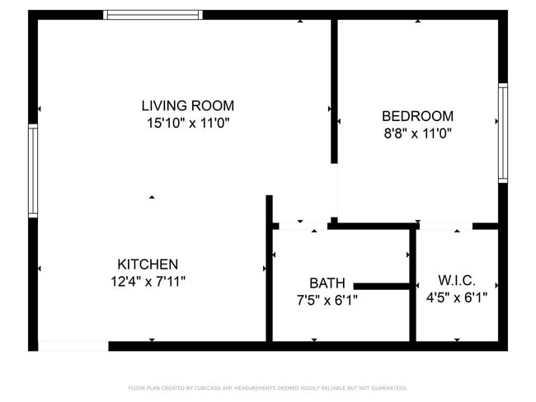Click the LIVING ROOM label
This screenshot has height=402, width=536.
click(187, 105)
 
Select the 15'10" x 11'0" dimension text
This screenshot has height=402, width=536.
click(187, 123)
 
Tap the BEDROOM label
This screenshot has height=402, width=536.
click(416, 116)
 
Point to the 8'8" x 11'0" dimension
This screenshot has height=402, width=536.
click(416, 133)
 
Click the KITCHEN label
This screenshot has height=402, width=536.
click(148, 264)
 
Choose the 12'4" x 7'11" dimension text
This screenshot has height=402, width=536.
click(148, 282)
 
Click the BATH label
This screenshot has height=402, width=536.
click(327, 283)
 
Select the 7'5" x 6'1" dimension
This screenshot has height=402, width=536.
click(327, 300)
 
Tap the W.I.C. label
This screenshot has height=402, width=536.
click(457, 280)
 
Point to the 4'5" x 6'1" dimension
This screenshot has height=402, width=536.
click(457, 297)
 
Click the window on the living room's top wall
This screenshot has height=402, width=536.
click(153, 14)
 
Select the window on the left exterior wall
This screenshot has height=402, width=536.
click(33, 171)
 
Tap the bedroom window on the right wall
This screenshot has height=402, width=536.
click(502, 133)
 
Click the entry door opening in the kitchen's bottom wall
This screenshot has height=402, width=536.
click(73, 346)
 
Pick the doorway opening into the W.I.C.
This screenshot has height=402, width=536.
click(445, 225)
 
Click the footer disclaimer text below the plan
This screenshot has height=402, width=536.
click(267, 388)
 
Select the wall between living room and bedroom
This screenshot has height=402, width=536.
click(334, 91)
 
